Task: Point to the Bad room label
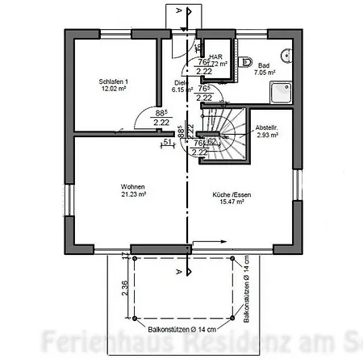pos(265,64)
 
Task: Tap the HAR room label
pos(215,56)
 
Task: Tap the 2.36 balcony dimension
pos(124,288)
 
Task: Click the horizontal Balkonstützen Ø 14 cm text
pos(184,330)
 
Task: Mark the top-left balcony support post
pos(134,258)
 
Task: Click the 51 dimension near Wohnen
pos(167,143)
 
